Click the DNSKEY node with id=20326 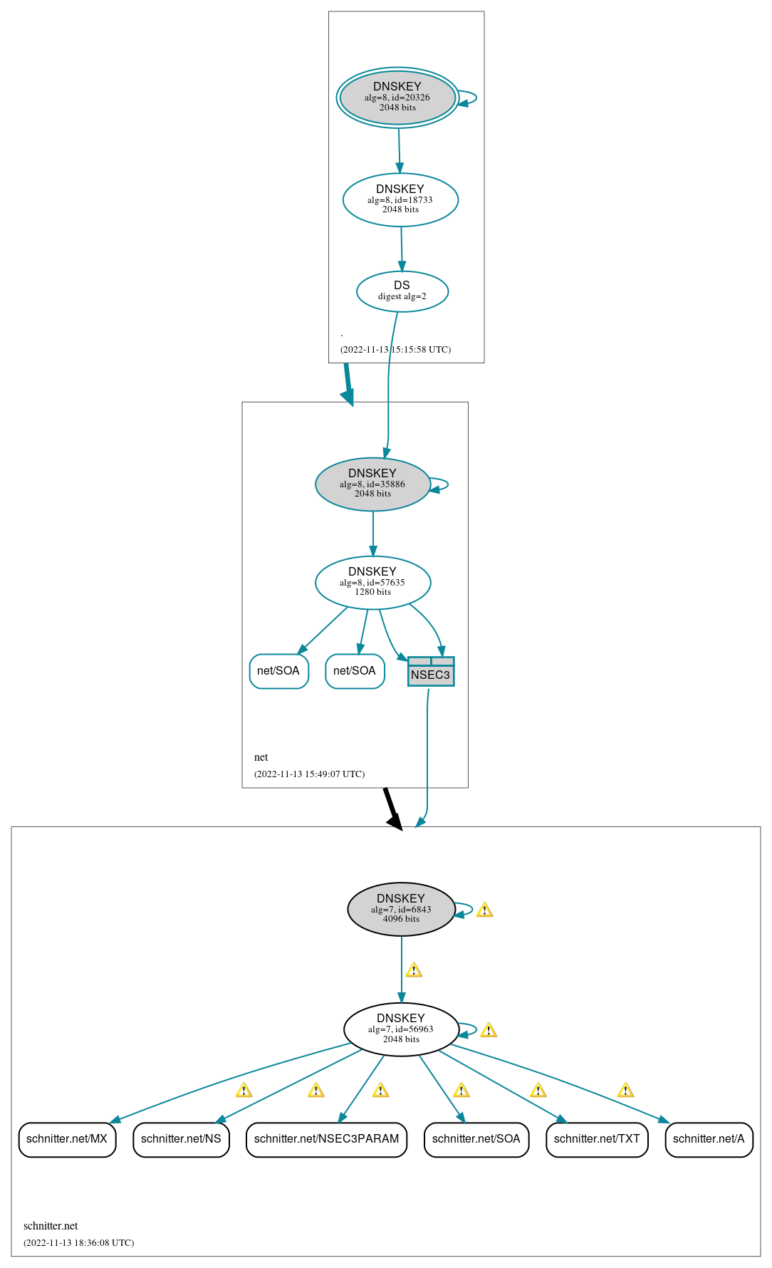tap(397, 98)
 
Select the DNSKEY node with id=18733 tap(400, 199)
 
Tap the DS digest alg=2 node tap(402, 291)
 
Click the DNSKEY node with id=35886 tap(372, 484)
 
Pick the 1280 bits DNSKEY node tap(372, 583)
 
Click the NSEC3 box tap(431, 672)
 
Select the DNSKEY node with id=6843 tap(401, 909)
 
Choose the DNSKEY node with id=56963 tap(401, 1029)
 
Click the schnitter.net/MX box tap(67, 1139)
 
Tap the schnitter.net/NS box tap(181, 1139)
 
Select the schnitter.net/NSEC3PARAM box tap(326, 1139)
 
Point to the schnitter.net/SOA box tap(476, 1139)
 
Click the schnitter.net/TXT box tap(597, 1139)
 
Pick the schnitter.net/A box tap(709, 1139)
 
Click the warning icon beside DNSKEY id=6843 tap(484, 910)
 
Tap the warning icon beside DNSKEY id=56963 tap(489, 1030)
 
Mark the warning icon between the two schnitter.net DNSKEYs tap(414, 970)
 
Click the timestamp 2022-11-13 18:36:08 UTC tap(78, 1243)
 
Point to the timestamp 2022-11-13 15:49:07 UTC tap(309, 774)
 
